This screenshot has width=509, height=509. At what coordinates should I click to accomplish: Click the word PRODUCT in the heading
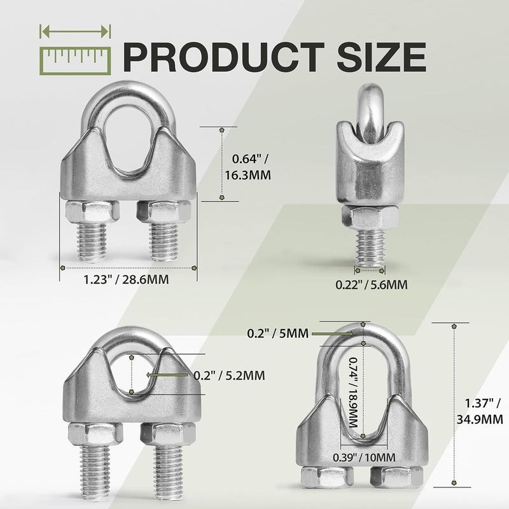tap(223, 57)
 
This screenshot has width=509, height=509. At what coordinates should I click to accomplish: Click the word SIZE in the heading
tap(382, 57)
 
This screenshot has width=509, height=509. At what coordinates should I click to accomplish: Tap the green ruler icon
tap(75, 61)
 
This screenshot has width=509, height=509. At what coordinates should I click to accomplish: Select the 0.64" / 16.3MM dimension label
tap(248, 167)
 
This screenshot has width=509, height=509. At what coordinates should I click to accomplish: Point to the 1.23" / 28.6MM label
tap(126, 279)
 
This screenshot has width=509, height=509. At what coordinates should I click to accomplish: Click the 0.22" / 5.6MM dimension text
tap(372, 284)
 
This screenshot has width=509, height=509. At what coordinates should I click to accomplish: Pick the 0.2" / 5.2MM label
tap(229, 375)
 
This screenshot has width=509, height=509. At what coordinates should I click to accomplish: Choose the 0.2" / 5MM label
tap(277, 333)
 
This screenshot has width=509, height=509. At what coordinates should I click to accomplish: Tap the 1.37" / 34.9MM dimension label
tap(480, 411)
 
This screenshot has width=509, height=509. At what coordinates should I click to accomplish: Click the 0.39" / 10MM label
tap(364, 457)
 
